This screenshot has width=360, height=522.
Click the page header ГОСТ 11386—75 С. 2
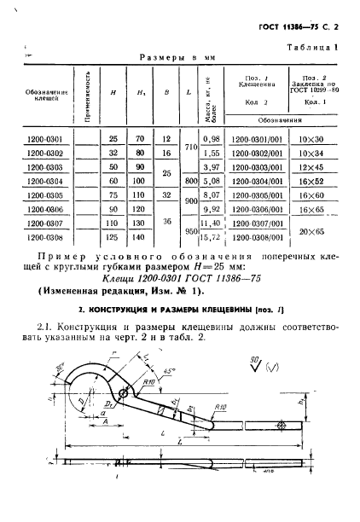point(305,28)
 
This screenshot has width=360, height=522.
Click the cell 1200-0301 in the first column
point(44,138)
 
